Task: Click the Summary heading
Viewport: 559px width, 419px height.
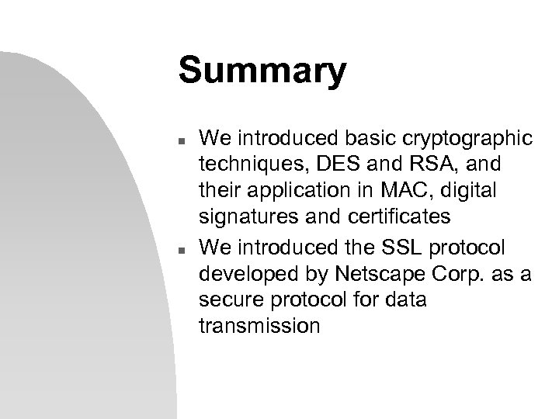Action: point(262,71)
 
